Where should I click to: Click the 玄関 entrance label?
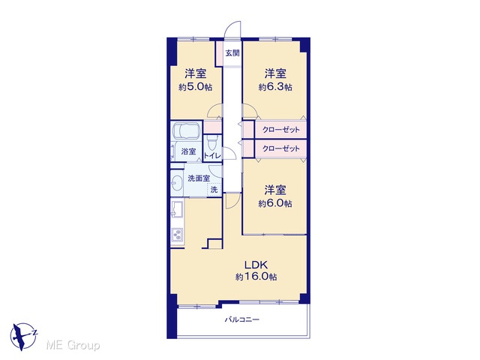click(x=232, y=53)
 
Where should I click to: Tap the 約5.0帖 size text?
click(x=195, y=87)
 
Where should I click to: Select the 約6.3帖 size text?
click(x=275, y=87)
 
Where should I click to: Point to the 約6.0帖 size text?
click(x=275, y=203)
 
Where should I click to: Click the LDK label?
click(x=256, y=265)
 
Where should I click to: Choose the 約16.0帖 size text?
click(x=256, y=277)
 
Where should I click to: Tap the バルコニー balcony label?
click(x=242, y=320)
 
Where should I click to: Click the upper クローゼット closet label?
click(x=280, y=130)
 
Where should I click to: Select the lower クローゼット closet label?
click(x=280, y=148)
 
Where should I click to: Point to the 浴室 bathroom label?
click(x=188, y=151)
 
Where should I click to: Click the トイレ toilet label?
click(x=211, y=156)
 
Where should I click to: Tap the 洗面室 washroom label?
click(x=199, y=178)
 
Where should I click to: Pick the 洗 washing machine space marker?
click(x=214, y=190)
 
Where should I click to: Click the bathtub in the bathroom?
click(x=186, y=130)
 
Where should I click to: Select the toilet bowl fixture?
click(x=211, y=142)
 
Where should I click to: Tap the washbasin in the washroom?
click(x=177, y=183)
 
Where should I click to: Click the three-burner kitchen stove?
click(x=177, y=235)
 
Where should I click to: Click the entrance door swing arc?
click(x=230, y=25)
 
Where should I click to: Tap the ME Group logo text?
click(x=73, y=345)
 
